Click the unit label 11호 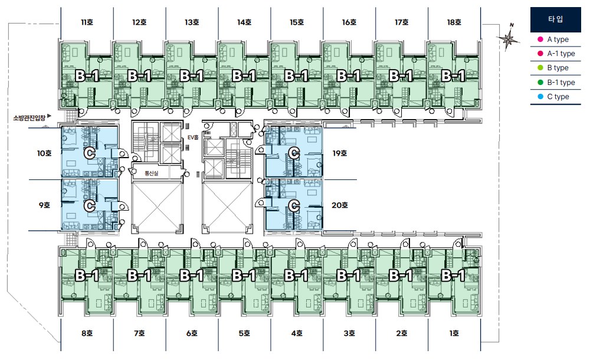click(x=87, y=22)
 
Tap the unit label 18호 click(x=454, y=22)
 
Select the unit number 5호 click(x=244, y=333)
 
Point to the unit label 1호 click(x=454, y=333)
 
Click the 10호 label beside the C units click(x=44, y=153)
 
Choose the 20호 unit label click(x=339, y=205)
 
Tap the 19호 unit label click(x=339, y=153)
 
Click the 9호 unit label click(x=44, y=205)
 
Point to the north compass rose click(x=508, y=37)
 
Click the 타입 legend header click(x=555, y=19)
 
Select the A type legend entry click(x=553, y=39)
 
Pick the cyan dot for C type click(x=540, y=97)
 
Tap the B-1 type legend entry click(x=556, y=83)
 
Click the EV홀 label click(x=193, y=138)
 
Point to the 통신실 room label click(x=151, y=174)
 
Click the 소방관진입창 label click(x=29, y=118)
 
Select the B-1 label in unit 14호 click(x=244, y=76)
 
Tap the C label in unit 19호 click(x=294, y=153)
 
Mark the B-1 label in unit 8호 click(x=87, y=276)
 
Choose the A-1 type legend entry click(x=556, y=54)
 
